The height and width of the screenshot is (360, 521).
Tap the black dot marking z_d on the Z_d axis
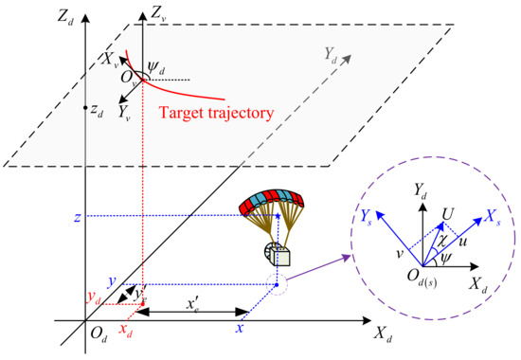[85, 106]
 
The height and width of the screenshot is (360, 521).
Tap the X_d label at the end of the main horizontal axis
[382, 333]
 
